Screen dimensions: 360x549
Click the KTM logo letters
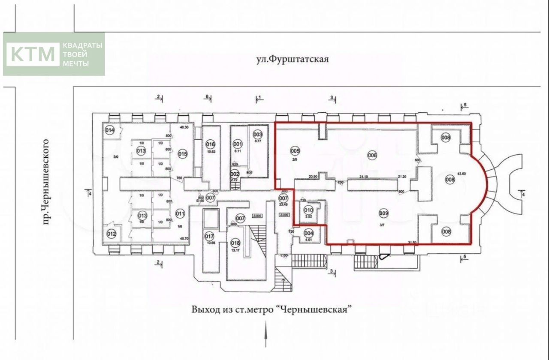pyautogui.click(x=33, y=54)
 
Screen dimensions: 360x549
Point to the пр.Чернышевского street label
pyautogui.click(x=48, y=181)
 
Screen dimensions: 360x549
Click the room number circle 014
pyautogui.click(x=110, y=130)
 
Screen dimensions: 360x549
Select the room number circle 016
pyautogui.click(x=210, y=144)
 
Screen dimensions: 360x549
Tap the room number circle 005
pyautogui.click(x=295, y=151)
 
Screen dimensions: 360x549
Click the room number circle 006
pyautogui.click(x=371, y=155)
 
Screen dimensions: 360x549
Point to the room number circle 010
pyautogui.click(x=308, y=210)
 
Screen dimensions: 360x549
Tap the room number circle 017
pyautogui.click(x=209, y=236)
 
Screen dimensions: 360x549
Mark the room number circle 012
pyautogui.click(x=112, y=234)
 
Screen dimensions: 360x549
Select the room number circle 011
pyautogui.click(x=180, y=213)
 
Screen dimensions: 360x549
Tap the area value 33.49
pyautogui.click(x=283, y=204)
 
